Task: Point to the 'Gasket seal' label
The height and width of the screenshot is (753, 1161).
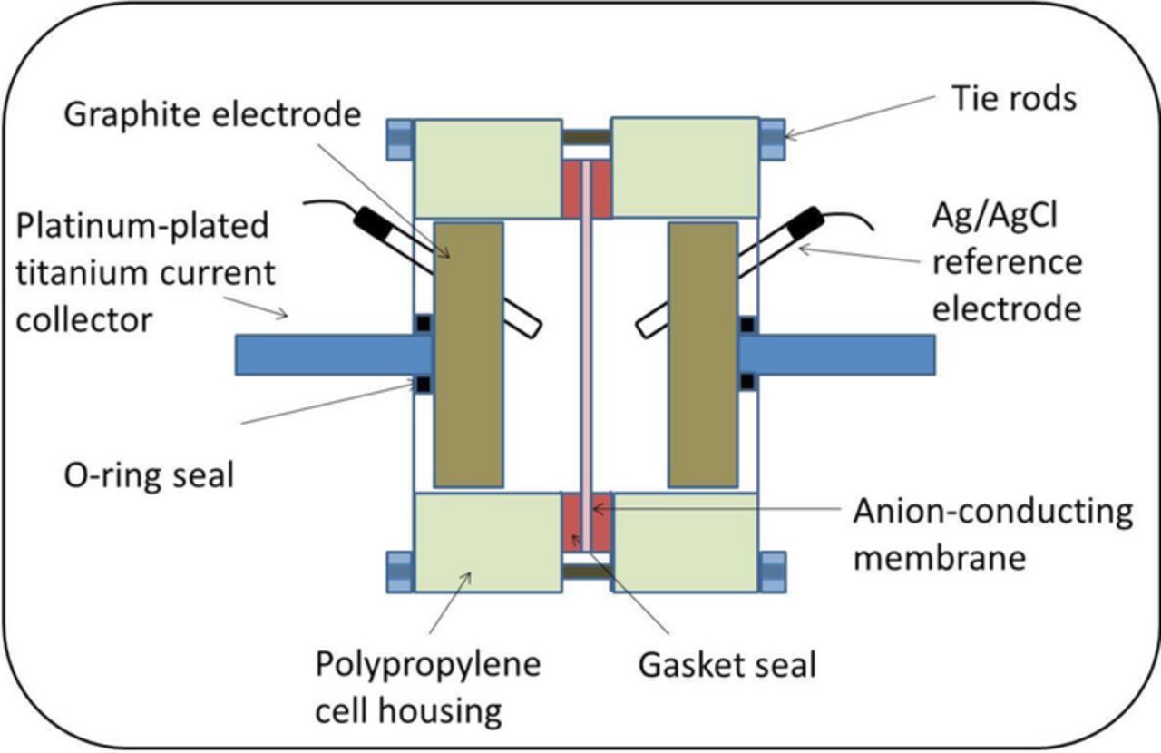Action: (x=727, y=664)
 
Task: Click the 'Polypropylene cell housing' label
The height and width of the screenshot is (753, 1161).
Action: (x=427, y=687)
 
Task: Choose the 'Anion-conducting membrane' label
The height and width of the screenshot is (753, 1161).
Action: (x=992, y=533)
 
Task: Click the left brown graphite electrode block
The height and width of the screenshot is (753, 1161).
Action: (x=469, y=354)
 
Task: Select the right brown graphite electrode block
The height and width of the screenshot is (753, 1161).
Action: (x=702, y=354)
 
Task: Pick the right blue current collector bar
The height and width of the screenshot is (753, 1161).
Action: (x=839, y=354)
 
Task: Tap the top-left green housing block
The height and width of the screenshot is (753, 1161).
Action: (x=487, y=167)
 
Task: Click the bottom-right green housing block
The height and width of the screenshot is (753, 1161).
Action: (x=686, y=543)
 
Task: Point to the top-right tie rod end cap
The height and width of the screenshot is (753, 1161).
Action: (x=772, y=139)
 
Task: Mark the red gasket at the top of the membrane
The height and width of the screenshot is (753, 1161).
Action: (x=586, y=190)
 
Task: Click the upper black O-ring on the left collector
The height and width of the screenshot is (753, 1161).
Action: (x=424, y=323)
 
